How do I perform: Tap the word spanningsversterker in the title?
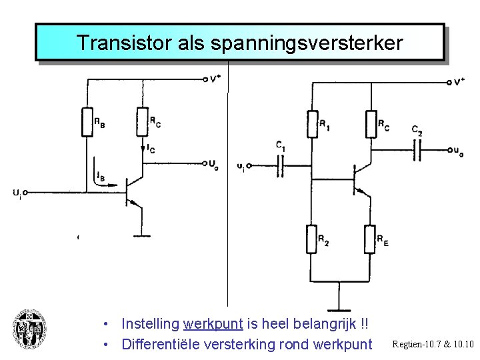click(307, 43)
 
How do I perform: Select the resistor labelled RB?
click(87, 121)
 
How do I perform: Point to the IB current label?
click(99, 177)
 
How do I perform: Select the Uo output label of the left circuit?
click(212, 163)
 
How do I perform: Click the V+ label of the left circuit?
click(215, 79)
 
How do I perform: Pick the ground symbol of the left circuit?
click(141, 235)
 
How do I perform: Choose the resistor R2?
click(311, 239)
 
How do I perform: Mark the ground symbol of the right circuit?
click(339, 309)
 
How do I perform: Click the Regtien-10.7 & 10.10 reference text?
click(433, 344)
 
